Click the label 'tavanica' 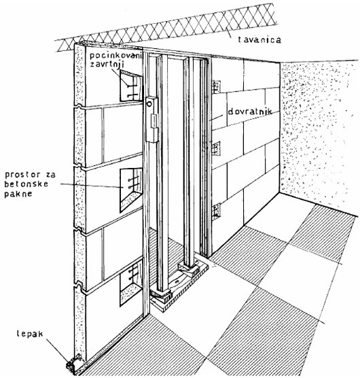(259, 39)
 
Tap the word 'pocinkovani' (117, 56)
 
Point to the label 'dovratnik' (250, 111)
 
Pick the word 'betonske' (26, 184)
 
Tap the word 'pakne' (18, 194)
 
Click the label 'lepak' (30, 334)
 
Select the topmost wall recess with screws (131, 86)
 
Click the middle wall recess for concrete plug (131, 190)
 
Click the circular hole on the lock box (149, 105)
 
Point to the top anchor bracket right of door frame (216, 87)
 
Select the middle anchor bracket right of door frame (216, 148)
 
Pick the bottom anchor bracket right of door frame (216, 211)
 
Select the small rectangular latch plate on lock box (153, 120)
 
